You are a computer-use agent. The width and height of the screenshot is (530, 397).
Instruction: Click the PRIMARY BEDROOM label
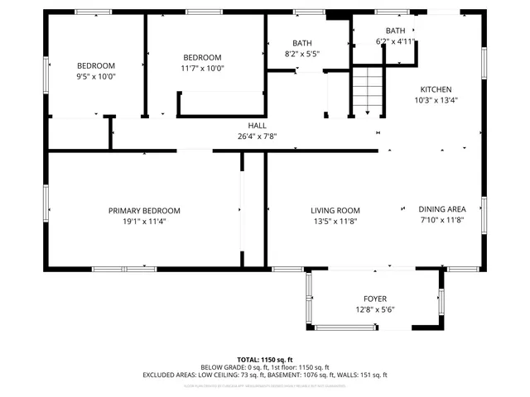(x=144, y=211)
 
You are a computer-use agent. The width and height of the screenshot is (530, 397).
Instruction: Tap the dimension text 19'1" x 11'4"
(x=144, y=222)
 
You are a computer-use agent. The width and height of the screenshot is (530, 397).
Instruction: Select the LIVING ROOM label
(x=335, y=211)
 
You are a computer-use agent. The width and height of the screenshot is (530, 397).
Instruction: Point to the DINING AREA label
(x=441, y=210)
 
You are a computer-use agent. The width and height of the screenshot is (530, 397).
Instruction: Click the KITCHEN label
(x=436, y=89)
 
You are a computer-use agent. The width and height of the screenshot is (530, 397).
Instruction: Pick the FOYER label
(x=375, y=299)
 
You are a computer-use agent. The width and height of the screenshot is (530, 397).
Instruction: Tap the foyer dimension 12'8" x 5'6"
(x=375, y=309)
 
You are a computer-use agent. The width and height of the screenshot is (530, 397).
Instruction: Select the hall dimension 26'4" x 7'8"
(x=257, y=136)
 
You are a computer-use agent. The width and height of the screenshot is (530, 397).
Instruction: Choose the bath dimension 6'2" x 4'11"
(x=395, y=41)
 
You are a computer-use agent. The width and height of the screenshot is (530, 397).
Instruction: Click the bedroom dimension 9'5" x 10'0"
(x=96, y=76)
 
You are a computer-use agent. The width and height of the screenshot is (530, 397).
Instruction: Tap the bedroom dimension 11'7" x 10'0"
(x=203, y=69)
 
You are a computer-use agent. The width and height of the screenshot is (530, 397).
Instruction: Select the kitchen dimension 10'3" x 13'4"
(x=436, y=100)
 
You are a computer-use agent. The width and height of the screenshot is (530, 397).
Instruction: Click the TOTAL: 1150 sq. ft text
(x=264, y=360)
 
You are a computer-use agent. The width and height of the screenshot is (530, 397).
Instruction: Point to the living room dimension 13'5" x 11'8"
(x=335, y=222)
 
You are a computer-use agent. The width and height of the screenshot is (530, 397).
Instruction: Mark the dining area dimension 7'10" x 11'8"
(x=441, y=221)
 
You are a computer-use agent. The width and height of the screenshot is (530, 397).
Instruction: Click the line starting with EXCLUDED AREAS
(x=264, y=375)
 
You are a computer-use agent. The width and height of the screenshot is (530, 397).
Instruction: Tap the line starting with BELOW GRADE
(x=264, y=367)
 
